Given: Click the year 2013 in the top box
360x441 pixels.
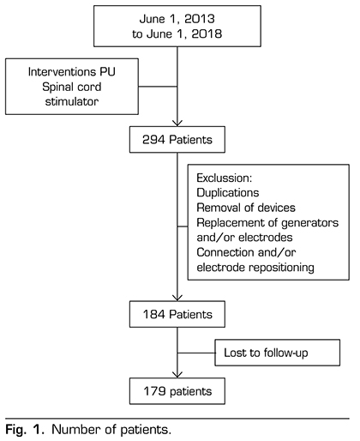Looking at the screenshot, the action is coord(200,19).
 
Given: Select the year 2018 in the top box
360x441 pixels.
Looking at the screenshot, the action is coord(207,33).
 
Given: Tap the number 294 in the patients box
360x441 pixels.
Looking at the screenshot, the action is coord(153,140).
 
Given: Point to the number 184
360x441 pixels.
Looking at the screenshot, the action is coord(154,314).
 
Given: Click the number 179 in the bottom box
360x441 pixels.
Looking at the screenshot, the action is coord(154,391).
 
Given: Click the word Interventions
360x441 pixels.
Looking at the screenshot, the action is coord(62,71).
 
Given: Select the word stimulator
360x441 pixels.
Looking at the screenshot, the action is coord(72,101).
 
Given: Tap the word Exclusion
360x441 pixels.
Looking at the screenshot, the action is coord(225,178).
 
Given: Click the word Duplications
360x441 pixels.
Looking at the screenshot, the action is coord(228,193).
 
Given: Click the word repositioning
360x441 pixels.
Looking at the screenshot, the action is coord(281,268).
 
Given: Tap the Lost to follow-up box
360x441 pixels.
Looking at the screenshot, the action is coord(278,353).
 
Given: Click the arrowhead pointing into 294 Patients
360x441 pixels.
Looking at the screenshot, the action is coord(177,123).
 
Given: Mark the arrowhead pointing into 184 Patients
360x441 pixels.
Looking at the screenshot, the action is coord(177,298).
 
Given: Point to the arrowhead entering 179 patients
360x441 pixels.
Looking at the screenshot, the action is coord(177,375).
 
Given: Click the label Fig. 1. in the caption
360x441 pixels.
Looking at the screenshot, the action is coord(25,430).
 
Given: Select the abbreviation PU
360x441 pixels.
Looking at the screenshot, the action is coord(107,71).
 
